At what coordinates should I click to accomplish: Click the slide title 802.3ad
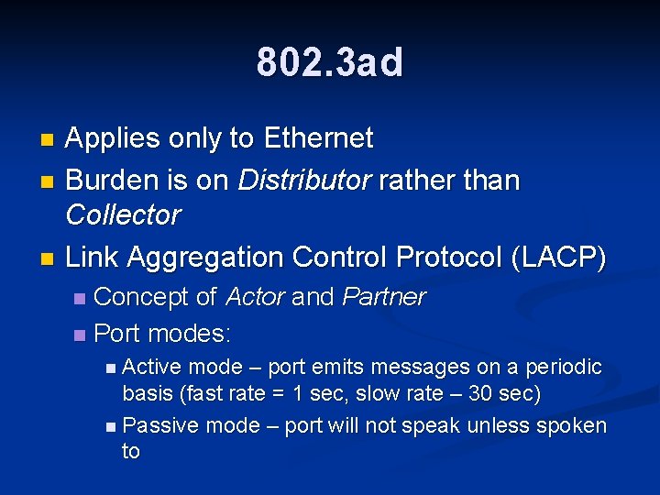(x=330, y=62)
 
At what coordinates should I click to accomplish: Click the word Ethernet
(x=318, y=138)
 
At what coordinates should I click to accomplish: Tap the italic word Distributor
(x=295, y=180)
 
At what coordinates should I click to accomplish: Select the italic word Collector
(x=123, y=215)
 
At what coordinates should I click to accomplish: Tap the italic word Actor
(x=255, y=297)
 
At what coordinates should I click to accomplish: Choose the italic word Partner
(x=383, y=297)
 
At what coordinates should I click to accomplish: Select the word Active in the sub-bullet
(x=152, y=368)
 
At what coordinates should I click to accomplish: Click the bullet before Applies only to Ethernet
(x=49, y=140)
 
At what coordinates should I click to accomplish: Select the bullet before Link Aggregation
(x=49, y=259)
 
